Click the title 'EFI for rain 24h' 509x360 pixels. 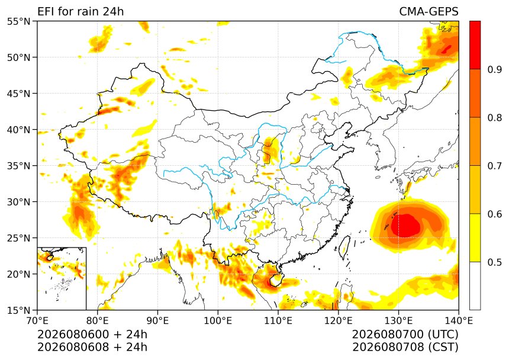point(80,11)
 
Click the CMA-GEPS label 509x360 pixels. point(429,11)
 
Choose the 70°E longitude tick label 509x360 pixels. point(37,321)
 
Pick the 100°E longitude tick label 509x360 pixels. point(218,321)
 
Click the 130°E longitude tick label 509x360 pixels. point(399,321)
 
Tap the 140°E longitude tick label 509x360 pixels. point(458,321)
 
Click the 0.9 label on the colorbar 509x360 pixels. point(494,69)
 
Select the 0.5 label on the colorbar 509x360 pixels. point(494,262)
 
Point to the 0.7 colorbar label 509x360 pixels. point(494,166)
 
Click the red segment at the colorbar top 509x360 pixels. point(475,45)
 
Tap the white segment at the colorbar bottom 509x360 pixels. point(475,286)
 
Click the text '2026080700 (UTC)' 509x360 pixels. point(405,334)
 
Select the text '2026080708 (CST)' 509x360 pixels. point(405,347)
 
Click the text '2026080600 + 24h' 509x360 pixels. point(92,334)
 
